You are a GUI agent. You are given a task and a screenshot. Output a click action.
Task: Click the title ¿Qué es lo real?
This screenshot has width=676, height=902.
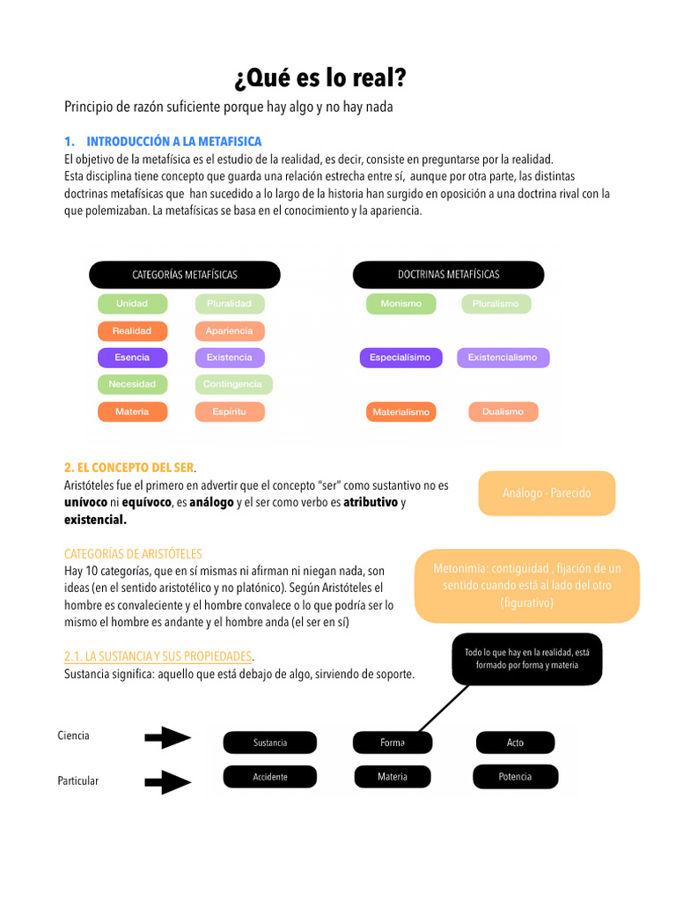(320, 79)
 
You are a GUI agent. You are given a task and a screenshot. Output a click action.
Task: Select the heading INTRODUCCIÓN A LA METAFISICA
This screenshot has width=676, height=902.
(173, 142)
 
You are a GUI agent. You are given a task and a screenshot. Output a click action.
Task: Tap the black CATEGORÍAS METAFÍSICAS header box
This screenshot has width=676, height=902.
(185, 275)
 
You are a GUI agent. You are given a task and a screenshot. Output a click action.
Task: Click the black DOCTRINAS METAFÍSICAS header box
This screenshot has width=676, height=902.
(448, 275)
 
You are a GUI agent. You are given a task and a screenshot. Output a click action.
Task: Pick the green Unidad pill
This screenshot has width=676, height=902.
(132, 304)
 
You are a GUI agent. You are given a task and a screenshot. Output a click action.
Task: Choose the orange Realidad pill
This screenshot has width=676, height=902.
(132, 331)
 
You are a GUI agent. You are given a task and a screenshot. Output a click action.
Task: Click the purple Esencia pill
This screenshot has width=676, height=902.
(132, 358)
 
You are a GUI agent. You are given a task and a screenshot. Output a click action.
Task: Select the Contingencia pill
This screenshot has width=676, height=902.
(232, 384)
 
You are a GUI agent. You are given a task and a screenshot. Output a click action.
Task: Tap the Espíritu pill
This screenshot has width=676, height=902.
(229, 411)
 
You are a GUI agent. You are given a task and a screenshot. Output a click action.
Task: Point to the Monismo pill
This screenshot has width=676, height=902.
(400, 304)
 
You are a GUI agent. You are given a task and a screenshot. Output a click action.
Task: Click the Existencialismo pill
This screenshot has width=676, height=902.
(503, 358)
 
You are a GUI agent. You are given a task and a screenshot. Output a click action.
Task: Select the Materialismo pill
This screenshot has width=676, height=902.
(400, 411)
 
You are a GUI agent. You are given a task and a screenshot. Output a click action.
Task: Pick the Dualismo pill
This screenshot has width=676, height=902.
(503, 411)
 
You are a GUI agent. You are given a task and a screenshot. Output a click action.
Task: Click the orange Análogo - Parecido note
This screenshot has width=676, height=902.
(547, 493)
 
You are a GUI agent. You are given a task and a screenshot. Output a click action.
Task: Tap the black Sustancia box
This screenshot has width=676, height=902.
(270, 743)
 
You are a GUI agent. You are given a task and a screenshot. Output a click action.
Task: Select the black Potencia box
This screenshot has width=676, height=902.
(515, 777)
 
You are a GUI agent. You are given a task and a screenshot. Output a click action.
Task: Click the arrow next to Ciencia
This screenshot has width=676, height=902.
(167, 737)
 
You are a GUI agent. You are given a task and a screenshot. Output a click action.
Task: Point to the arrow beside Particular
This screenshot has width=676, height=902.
(167, 781)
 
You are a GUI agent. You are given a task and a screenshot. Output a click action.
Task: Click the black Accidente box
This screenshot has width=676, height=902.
(270, 777)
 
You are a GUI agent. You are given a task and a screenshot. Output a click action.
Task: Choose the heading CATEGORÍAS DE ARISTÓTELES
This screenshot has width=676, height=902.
(133, 554)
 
